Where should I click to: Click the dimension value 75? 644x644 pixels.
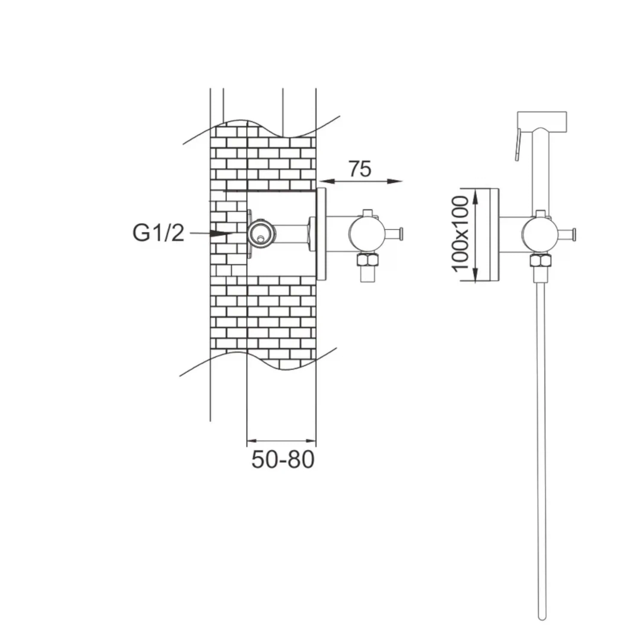[359, 169]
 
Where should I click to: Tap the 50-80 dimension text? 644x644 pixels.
[283, 459]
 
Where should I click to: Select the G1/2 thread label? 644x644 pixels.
[158, 233]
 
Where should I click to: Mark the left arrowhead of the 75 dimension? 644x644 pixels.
[325, 181]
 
